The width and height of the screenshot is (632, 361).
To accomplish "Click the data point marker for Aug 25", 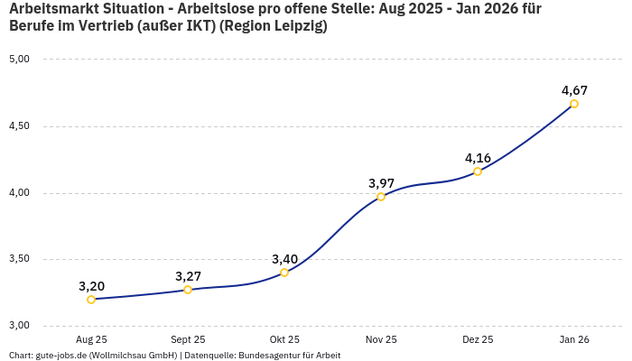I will (91, 300).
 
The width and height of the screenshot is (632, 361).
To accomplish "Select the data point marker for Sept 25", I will (188, 290).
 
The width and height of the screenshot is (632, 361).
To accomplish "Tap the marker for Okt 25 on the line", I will (284, 273).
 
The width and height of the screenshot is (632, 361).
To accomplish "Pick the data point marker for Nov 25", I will (381, 197).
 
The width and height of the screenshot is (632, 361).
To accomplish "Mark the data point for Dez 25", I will (478, 171).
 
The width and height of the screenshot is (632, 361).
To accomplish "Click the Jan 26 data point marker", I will (574, 104).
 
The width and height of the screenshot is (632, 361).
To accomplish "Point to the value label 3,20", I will (91, 286).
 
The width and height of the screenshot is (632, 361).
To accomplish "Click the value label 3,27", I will (188, 276).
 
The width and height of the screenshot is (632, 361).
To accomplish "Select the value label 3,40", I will (284, 259).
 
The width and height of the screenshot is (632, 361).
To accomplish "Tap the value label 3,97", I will (381, 183).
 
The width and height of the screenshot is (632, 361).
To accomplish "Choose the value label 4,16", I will (478, 158).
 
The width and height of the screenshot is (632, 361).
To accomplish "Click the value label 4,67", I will (574, 90).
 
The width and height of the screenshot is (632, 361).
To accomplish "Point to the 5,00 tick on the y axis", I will (19, 60).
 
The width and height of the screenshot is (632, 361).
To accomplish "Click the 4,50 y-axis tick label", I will (19, 126).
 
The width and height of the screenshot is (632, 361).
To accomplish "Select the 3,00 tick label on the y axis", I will (19, 326).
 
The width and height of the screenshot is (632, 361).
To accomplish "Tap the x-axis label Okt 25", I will (284, 340).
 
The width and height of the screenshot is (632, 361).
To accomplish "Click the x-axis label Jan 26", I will (574, 340).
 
